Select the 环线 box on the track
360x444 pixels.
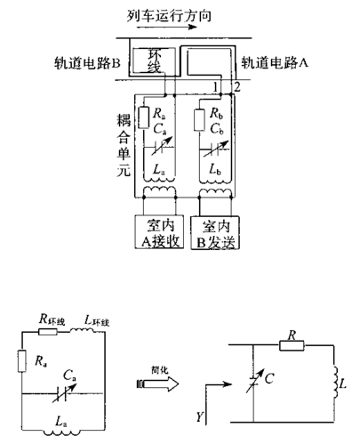[x=156, y=60]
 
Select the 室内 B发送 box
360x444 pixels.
[x=217, y=233]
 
